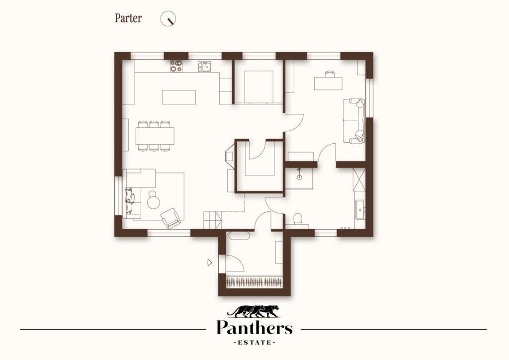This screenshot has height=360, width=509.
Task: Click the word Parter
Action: pyautogui.click(x=128, y=18)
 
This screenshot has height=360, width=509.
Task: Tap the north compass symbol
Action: pyautogui.click(x=168, y=18)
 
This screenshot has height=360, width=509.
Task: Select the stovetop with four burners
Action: pyautogui.click(x=176, y=66)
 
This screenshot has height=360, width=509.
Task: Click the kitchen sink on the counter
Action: pyautogui.click(x=204, y=66)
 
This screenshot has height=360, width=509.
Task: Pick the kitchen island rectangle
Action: pyautogui.click(x=179, y=97)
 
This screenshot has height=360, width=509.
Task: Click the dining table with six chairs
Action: pyautogui.click(x=155, y=136)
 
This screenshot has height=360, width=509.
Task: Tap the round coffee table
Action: pyautogui.click(x=153, y=200)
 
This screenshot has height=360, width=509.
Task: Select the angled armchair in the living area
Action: pyautogui.click(x=171, y=218)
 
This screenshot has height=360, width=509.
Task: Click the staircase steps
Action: pyautogui.click(x=213, y=220)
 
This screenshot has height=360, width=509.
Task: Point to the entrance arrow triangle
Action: pyautogui.click(x=210, y=262)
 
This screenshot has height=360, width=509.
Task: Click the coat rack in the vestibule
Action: pyautogui.click(x=254, y=282)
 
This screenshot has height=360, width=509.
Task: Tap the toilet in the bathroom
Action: pyautogui.click(x=297, y=219)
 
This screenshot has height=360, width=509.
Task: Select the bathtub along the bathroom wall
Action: pyautogui.click(x=360, y=210)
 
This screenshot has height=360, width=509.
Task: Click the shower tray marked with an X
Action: pyautogui.click(x=359, y=180)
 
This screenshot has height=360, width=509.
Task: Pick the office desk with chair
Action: pyautogui.click(x=328, y=81)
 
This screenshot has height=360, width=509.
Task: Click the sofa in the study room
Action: pyautogui.click(x=354, y=121)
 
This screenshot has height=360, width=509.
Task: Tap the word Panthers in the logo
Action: pyautogui.click(x=254, y=327)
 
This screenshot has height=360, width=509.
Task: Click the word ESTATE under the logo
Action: pyautogui.click(x=254, y=343)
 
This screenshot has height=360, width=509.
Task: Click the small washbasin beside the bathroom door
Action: pyautogui.click(x=299, y=176)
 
